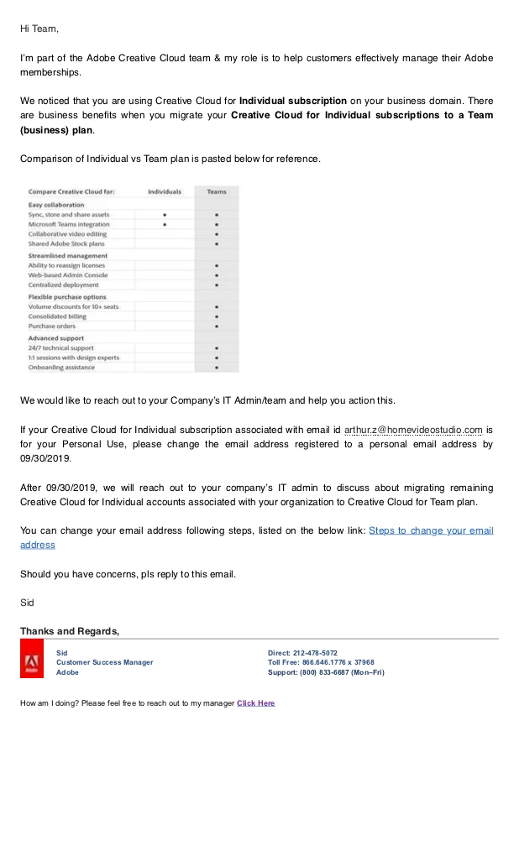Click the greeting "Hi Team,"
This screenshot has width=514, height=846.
point(39,29)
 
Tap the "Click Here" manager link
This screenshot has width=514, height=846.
point(255,703)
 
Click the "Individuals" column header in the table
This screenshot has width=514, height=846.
point(165,192)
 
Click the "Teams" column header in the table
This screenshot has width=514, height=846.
point(217,192)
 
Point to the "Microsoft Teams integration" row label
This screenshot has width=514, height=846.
point(69,225)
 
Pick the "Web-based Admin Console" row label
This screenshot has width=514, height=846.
point(68,275)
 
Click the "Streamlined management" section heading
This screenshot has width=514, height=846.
point(68,255)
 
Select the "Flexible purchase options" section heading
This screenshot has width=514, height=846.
point(67,297)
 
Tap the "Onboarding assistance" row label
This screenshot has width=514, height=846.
point(61,368)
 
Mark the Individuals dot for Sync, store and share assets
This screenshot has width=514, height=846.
point(165,215)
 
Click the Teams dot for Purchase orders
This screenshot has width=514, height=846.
point(217,326)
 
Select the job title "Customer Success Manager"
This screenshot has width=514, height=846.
point(105,662)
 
